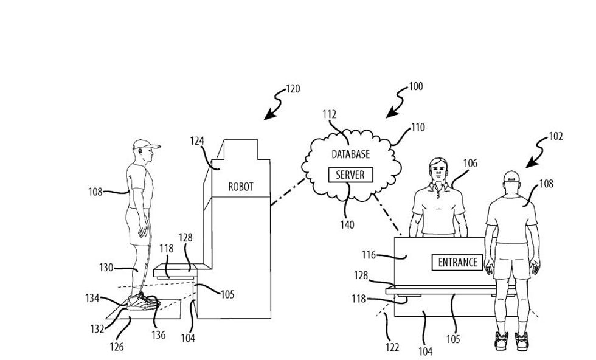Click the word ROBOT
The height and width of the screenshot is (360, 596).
point(240,187)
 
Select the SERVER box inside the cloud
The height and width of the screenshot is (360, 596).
point(350,175)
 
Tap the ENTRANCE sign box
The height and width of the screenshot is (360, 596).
point(457,262)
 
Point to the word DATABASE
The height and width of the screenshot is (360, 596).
point(350,155)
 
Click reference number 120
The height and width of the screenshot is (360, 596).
point(293,89)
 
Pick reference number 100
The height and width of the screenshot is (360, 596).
point(415,87)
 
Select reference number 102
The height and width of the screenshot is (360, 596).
point(556,137)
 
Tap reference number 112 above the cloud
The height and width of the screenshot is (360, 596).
point(329,114)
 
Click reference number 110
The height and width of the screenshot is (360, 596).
point(418,128)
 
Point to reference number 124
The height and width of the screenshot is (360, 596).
point(196,141)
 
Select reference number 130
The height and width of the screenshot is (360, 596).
point(106,267)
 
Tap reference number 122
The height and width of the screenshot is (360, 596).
point(392,347)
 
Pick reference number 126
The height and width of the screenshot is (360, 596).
point(116,347)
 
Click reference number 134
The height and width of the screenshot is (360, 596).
point(92,297)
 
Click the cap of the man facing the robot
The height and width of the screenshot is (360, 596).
point(144,145)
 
